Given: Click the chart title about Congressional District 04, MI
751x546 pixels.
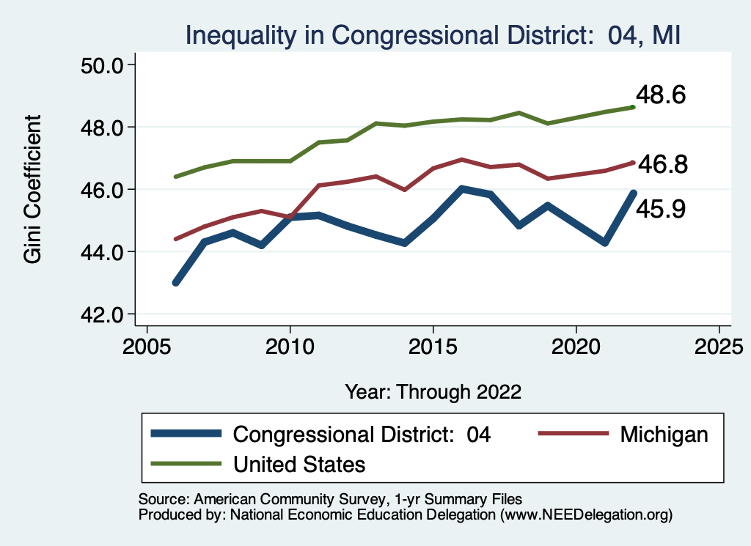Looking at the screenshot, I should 433,34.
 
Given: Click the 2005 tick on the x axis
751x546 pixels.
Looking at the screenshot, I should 147,344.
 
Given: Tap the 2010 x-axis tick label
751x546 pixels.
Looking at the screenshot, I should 290,344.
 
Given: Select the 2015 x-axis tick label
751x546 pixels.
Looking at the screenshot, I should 433,344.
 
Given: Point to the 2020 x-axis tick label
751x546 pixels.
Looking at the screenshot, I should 576,344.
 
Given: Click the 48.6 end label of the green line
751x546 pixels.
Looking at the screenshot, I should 661,95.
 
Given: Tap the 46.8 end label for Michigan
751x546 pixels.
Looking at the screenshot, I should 662,165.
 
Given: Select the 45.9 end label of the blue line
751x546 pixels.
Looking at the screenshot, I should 661,210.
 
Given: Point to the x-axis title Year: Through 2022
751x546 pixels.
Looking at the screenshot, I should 433,391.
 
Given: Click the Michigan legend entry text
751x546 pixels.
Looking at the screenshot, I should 664,434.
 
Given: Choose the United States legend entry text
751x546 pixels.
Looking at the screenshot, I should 299,464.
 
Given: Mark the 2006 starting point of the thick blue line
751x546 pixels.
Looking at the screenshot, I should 176,283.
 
